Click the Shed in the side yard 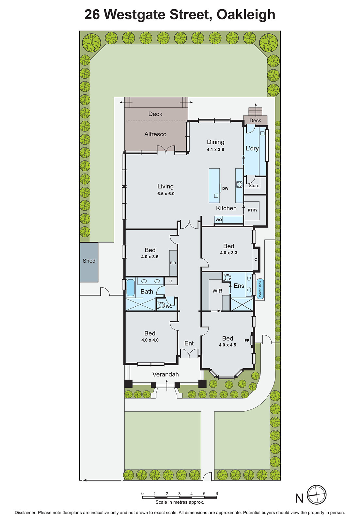click(x=89, y=262)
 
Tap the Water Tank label click(x=260, y=289)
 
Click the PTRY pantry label click(x=252, y=210)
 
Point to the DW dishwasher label click(x=225, y=188)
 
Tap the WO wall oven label click(x=219, y=220)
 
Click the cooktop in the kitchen click(x=239, y=184)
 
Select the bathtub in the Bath click(x=130, y=287)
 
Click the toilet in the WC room click(x=161, y=305)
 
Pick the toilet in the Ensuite click(x=227, y=277)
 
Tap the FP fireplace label click(x=247, y=340)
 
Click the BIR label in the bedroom click(x=173, y=263)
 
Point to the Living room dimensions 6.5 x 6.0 click(x=166, y=194)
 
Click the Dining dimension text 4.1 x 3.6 click(x=215, y=149)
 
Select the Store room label click(x=254, y=186)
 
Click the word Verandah click(x=165, y=374)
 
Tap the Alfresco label click(x=155, y=134)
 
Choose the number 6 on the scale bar click(x=216, y=494)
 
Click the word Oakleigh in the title click(x=246, y=14)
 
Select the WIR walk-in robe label click(x=217, y=291)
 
